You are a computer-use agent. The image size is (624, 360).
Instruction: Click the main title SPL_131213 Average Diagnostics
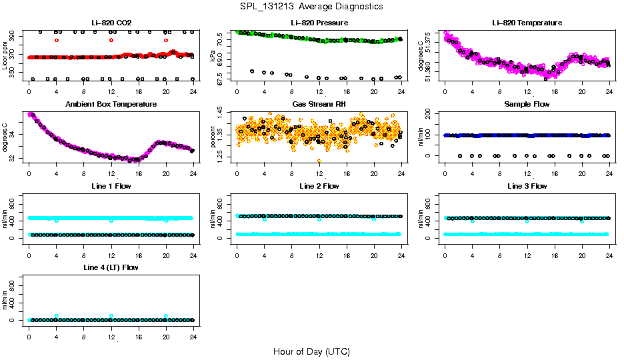(x=312, y=6)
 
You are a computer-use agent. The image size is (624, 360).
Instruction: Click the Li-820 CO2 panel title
(x=111, y=23)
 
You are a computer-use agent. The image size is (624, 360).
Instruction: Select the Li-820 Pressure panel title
(x=319, y=23)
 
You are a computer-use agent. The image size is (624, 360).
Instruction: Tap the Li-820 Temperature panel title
(x=527, y=23)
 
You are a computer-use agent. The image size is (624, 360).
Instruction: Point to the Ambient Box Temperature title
(x=111, y=105)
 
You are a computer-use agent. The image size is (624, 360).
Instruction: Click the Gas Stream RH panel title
(x=319, y=105)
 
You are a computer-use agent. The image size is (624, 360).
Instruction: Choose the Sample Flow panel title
(x=527, y=105)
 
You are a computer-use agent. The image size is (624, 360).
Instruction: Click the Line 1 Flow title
(x=111, y=186)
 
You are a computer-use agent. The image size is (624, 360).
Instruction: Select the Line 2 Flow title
(x=319, y=186)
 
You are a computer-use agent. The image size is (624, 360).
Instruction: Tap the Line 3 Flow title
(x=527, y=186)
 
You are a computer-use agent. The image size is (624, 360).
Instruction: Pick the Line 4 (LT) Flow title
(x=111, y=267)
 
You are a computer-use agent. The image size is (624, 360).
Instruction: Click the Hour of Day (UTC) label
(x=311, y=351)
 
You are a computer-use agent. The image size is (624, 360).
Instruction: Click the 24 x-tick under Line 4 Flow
(x=193, y=330)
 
